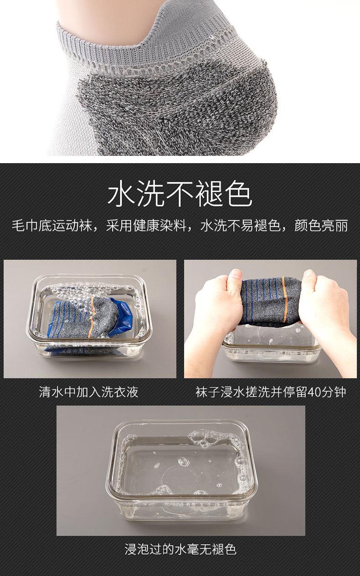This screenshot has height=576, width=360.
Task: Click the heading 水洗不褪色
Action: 180,194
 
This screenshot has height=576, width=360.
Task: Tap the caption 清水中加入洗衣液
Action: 88,392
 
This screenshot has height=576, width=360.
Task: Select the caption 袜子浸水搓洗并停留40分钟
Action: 271,392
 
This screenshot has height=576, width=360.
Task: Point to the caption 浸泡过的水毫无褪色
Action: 180,549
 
